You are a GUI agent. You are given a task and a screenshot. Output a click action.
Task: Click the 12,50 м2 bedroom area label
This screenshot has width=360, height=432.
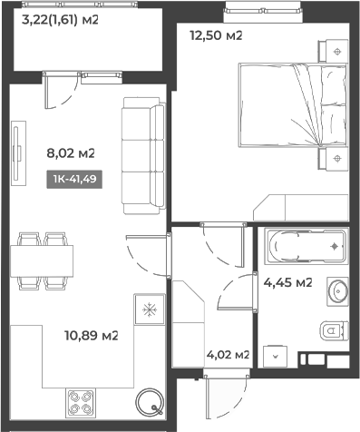click(x=216, y=35)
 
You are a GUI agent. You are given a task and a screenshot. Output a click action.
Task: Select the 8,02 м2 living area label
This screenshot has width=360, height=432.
click(x=71, y=153)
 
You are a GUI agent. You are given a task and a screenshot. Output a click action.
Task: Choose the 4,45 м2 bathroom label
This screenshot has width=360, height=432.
click(x=287, y=282)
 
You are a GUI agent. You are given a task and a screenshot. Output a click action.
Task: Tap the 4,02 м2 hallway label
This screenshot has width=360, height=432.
click(x=228, y=355)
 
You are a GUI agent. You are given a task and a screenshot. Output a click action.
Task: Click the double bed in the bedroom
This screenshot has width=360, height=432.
click(x=292, y=106)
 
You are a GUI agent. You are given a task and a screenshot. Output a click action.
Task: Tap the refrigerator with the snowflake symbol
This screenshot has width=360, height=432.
click(x=146, y=309)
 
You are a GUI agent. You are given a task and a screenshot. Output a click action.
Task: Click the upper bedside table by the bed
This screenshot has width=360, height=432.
click(x=337, y=52)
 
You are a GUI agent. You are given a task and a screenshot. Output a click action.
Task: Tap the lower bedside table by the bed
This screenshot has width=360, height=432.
click(x=337, y=162)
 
